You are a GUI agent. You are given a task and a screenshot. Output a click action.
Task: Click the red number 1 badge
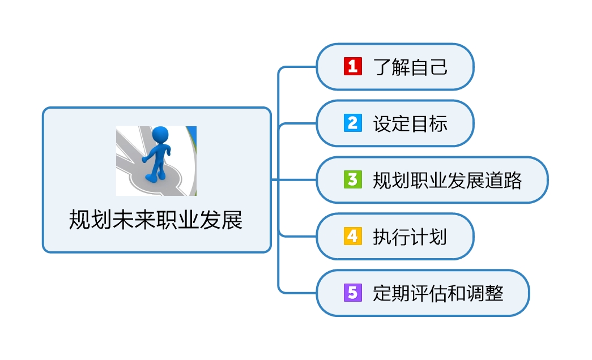(x=352, y=67)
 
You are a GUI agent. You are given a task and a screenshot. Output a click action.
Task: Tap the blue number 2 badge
(x=352, y=123)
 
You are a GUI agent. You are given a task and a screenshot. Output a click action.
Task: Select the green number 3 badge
(x=352, y=179)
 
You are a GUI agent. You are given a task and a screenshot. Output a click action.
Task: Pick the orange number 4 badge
(x=352, y=236)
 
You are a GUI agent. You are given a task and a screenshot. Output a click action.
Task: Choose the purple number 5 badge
(x=352, y=293)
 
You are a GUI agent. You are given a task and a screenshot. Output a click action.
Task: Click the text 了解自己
(x=410, y=67)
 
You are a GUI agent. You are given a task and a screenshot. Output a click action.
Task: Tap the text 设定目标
(x=410, y=123)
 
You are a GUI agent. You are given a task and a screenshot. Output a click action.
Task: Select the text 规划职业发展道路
(x=448, y=180)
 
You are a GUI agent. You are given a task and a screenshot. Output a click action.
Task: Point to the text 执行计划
(x=410, y=237)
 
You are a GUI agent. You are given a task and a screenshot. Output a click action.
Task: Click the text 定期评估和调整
(x=438, y=293)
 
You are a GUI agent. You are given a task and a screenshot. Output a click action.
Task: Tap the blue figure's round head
(x=161, y=134)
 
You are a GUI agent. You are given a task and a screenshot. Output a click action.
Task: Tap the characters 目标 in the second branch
(x=429, y=123)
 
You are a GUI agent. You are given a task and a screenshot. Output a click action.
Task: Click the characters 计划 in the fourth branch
(x=429, y=237)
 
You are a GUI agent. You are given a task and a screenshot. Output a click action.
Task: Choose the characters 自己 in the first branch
(x=429, y=67)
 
